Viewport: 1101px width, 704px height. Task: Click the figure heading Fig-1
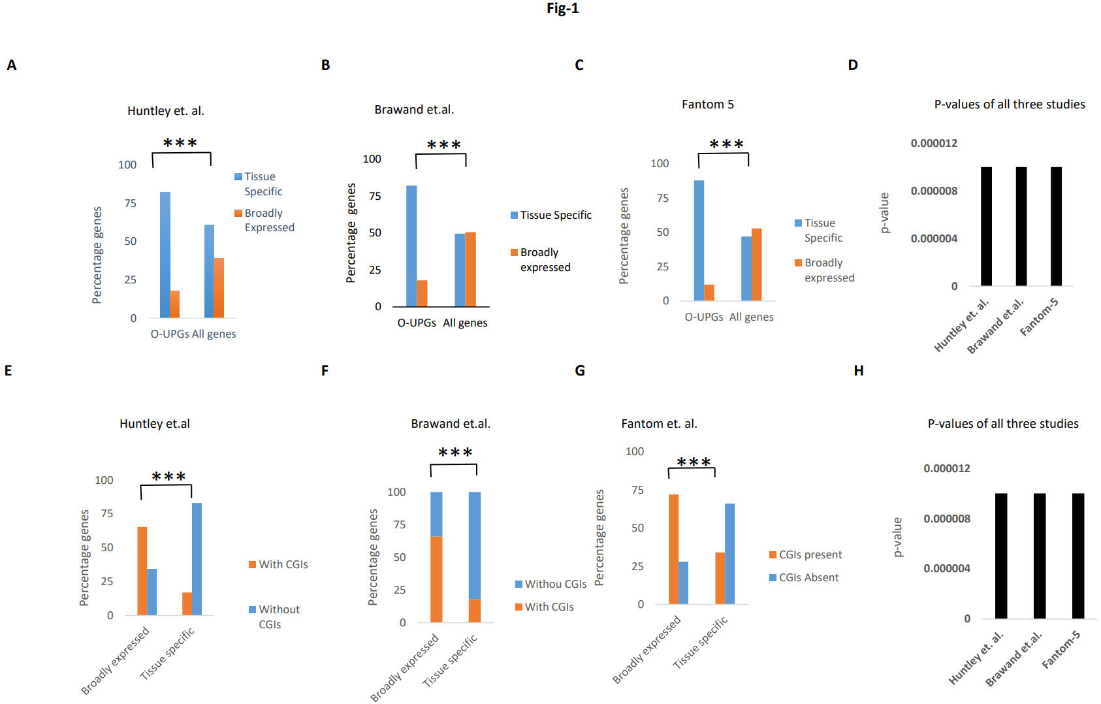pyautogui.click(x=562, y=8)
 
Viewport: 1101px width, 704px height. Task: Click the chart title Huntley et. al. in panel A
pyautogui.click(x=165, y=111)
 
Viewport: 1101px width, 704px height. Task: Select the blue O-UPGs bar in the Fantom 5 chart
pyautogui.click(x=699, y=240)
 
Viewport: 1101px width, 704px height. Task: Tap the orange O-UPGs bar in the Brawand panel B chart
pyautogui.click(x=422, y=293)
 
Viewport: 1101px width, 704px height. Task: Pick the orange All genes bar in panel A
pyautogui.click(x=219, y=288)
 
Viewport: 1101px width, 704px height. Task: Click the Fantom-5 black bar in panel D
pyautogui.click(x=1056, y=227)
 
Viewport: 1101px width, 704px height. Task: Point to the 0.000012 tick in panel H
pyautogui.click(x=946, y=468)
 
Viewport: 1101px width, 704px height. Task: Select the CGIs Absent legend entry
pyautogui.click(x=804, y=577)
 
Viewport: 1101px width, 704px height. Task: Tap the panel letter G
pyautogui.click(x=579, y=371)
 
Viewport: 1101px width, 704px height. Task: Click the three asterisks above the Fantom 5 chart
pyautogui.click(x=726, y=144)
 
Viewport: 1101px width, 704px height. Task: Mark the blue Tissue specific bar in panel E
pyautogui.click(x=197, y=559)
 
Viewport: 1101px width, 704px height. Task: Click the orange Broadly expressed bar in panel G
pyautogui.click(x=673, y=549)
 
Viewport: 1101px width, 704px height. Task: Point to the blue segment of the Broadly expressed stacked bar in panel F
pyautogui.click(x=436, y=514)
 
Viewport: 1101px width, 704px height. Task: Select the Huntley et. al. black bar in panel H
pyautogui.click(x=1001, y=556)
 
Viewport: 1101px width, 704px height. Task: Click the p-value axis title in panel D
pyautogui.click(x=885, y=213)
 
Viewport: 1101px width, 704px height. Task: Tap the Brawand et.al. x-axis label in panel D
pyautogui.click(x=996, y=327)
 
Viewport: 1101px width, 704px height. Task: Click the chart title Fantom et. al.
pyautogui.click(x=659, y=424)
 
